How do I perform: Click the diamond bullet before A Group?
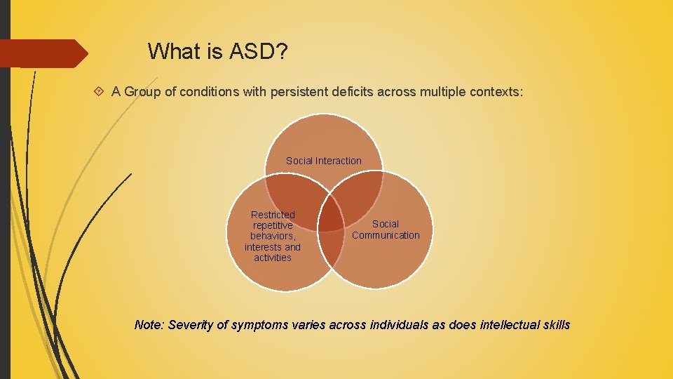click(x=100, y=92)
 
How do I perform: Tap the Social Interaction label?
click(x=324, y=161)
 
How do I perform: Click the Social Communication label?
click(x=386, y=230)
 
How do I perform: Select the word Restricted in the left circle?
click(x=273, y=214)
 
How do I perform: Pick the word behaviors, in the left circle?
click(x=273, y=236)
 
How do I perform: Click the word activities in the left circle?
click(x=273, y=258)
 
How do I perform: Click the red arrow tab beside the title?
click(x=42, y=53)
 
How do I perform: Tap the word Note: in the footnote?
click(x=149, y=325)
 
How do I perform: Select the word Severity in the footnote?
click(x=191, y=325)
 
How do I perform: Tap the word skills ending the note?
click(x=554, y=325)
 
